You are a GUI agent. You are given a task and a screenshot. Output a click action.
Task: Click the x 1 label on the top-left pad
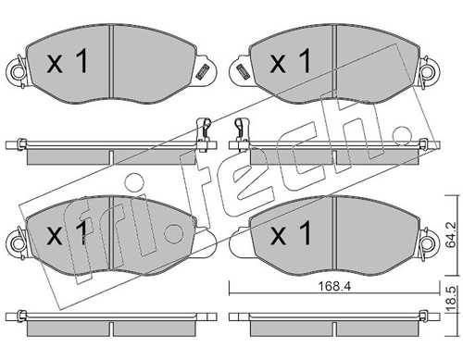pyautogui.click(x=66, y=63)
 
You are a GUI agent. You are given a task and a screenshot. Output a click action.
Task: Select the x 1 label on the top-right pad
pyautogui.click(x=288, y=63)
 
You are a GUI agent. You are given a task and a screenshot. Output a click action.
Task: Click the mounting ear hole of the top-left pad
pyautogui.click(x=15, y=71)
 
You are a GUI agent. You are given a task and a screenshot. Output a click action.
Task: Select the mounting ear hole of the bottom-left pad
pyautogui.click(x=15, y=243)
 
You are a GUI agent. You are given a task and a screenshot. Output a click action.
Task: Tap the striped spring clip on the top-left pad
pyautogui.click(x=200, y=70)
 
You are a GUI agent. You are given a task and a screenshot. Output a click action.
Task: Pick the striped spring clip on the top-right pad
pyautogui.click(x=242, y=70)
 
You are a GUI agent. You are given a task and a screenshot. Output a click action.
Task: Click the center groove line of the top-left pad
pyautogui.click(x=111, y=63)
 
